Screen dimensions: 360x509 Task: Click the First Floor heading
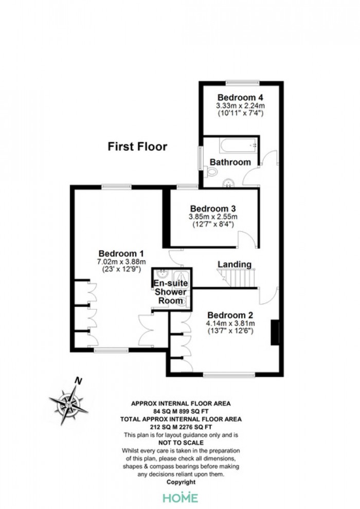tap(137, 147)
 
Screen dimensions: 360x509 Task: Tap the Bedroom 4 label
tap(240, 97)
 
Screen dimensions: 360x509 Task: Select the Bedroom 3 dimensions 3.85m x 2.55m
tap(213, 216)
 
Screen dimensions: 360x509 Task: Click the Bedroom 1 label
tap(121, 253)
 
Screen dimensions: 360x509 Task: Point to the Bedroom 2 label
tap(230, 315)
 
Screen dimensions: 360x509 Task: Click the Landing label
tap(235, 264)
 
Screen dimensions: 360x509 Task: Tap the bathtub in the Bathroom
tap(239, 146)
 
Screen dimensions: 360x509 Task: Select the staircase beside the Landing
tap(237, 278)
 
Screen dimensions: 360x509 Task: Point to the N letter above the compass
tap(78, 381)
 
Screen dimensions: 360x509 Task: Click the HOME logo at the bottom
tap(180, 498)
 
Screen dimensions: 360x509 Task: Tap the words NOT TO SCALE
tap(181, 443)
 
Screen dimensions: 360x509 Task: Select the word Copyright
tap(181, 482)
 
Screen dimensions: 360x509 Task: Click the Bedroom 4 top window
tap(243, 83)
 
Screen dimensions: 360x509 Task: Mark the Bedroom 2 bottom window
tap(229, 375)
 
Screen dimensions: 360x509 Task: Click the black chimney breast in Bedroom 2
tap(275, 333)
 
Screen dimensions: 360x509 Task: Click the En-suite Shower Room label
tap(170, 292)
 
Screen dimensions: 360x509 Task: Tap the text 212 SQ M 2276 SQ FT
tap(181, 427)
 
